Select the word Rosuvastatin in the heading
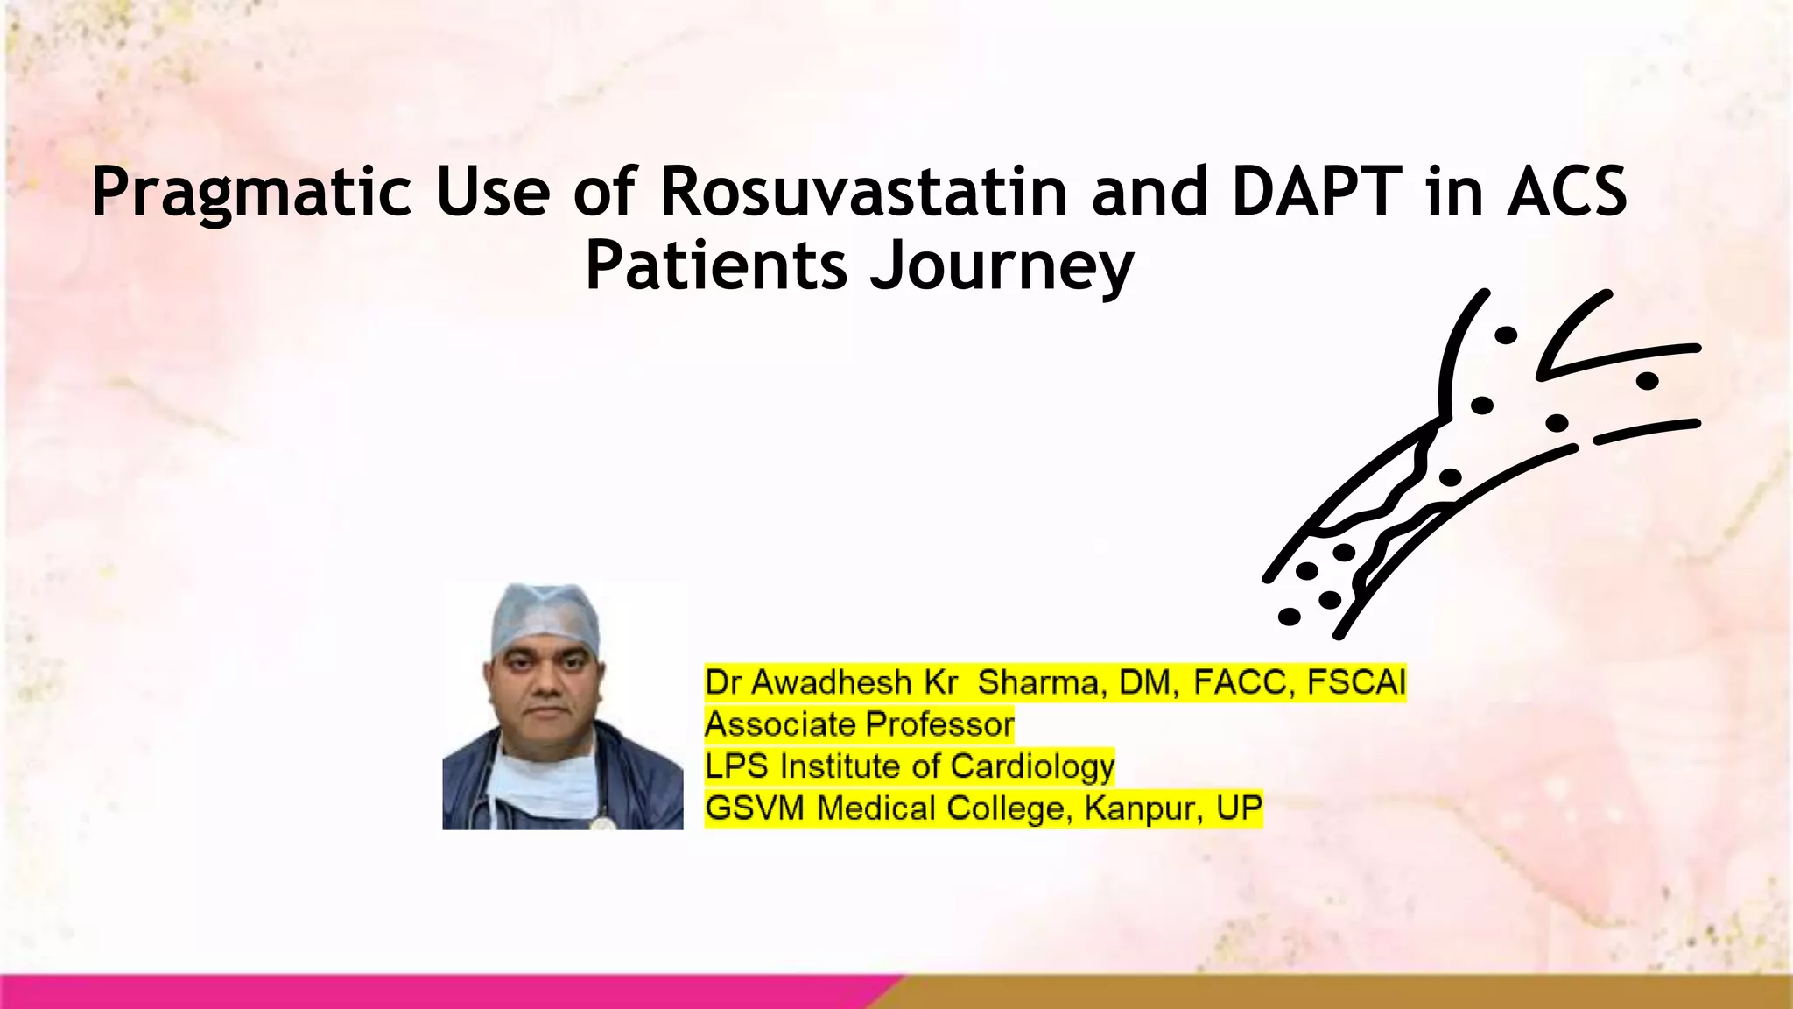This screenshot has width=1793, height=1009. [863, 191]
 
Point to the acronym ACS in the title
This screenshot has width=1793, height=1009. [1567, 191]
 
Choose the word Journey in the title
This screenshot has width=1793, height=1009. [1002, 267]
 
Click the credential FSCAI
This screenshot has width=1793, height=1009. [1356, 682]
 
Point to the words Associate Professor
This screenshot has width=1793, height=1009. [859, 724]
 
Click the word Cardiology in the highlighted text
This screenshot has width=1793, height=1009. [1032, 766]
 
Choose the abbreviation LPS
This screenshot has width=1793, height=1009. [737, 766]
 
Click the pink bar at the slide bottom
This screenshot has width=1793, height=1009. [438, 991]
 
